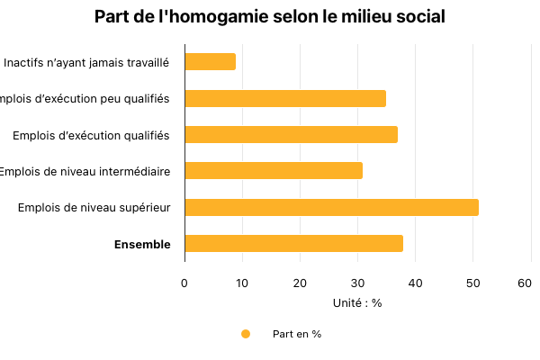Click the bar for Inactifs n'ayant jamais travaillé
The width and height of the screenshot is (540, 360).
pyautogui.click(x=210, y=62)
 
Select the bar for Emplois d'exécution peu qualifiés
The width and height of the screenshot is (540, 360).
pyautogui.click(x=285, y=99)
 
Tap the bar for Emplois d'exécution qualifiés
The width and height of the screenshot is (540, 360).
pyautogui.click(x=291, y=135)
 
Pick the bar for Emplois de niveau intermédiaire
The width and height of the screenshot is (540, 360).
pyautogui.click(x=274, y=171)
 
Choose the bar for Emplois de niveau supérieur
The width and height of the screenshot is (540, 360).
pyautogui.click(x=331, y=208)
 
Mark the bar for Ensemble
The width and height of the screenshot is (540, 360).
pyautogui.click(x=293, y=244)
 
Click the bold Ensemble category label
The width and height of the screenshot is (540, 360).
pyautogui.click(x=141, y=244)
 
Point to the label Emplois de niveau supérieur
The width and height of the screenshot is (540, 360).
pyautogui.click(x=94, y=208)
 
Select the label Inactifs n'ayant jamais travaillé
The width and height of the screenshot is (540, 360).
pyautogui.click(x=86, y=63)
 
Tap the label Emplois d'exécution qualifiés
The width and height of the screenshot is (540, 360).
pyautogui.click(x=91, y=135)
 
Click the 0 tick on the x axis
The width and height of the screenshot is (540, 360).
pyautogui.click(x=184, y=283)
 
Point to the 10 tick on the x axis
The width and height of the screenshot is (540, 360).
pyautogui.click(x=242, y=283)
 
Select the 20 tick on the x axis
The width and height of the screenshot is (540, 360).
pyautogui.click(x=300, y=283)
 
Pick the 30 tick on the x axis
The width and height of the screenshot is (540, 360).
pyautogui.click(x=357, y=283)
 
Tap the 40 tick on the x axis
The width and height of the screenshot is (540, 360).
pyautogui.click(x=415, y=283)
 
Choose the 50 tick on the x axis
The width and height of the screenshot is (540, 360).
pyautogui.click(x=472, y=283)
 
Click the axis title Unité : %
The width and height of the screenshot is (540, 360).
pyautogui.click(x=357, y=303)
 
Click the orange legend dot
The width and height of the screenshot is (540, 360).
pyautogui.click(x=246, y=334)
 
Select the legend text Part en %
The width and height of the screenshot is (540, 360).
pyautogui.click(x=297, y=334)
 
